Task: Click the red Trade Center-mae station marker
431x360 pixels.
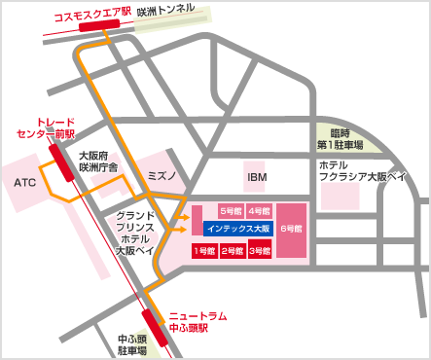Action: pos(60,161)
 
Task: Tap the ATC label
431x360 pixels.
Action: pos(25,182)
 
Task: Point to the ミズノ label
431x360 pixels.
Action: pos(160,177)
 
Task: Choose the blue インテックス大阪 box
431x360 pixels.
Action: pos(238,229)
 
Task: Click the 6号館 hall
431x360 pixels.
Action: pos(292,229)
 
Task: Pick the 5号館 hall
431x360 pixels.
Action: pos(231,210)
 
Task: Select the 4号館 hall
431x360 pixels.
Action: pos(259,210)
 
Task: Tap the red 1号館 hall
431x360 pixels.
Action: pos(203,251)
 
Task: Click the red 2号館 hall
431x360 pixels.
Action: pos(232,251)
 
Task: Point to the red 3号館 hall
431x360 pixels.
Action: pos(259,251)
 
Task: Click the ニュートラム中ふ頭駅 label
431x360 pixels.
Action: pos(198,321)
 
